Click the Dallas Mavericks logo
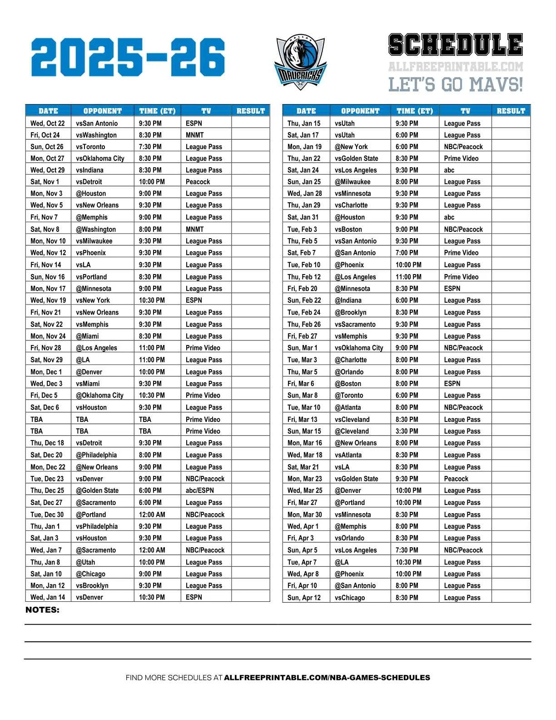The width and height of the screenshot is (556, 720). (x=300, y=61)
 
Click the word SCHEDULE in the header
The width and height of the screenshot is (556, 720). (x=456, y=45)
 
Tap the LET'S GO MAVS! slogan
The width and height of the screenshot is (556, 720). (x=456, y=85)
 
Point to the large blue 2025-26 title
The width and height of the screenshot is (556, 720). (x=128, y=57)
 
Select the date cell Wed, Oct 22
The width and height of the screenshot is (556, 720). (x=48, y=123)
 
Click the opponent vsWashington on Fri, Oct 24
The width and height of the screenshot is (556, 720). (x=96, y=135)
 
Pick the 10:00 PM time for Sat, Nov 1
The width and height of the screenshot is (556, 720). (x=152, y=182)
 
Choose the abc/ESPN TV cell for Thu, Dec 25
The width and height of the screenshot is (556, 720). (x=200, y=490)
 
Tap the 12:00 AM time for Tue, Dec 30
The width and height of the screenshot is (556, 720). (x=152, y=515)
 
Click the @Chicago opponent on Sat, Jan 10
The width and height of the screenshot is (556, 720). (x=91, y=574)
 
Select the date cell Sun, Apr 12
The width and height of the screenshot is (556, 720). (x=304, y=598)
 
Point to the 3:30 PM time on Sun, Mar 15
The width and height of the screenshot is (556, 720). (x=407, y=431)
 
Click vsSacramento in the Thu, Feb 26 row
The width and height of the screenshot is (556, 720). (x=355, y=325)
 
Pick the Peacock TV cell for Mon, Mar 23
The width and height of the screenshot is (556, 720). (x=456, y=479)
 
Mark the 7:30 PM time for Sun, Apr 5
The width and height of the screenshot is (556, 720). (x=407, y=550)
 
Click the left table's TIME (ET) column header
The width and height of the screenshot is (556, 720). (x=157, y=111)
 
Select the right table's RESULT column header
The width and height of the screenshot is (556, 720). (x=511, y=111)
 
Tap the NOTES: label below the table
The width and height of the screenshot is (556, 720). (x=42, y=610)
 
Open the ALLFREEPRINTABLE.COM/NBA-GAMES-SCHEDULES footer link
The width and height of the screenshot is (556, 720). (x=327, y=678)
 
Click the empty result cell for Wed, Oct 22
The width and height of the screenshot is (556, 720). (x=250, y=123)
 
